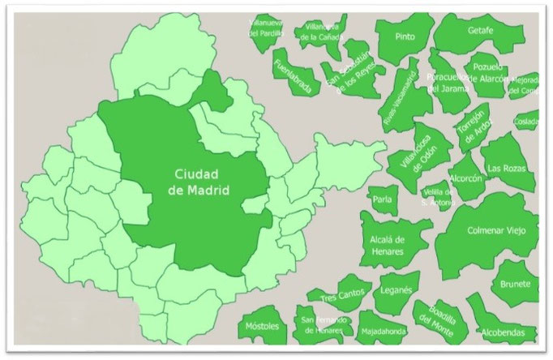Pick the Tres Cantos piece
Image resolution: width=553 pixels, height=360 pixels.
point(339,296)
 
